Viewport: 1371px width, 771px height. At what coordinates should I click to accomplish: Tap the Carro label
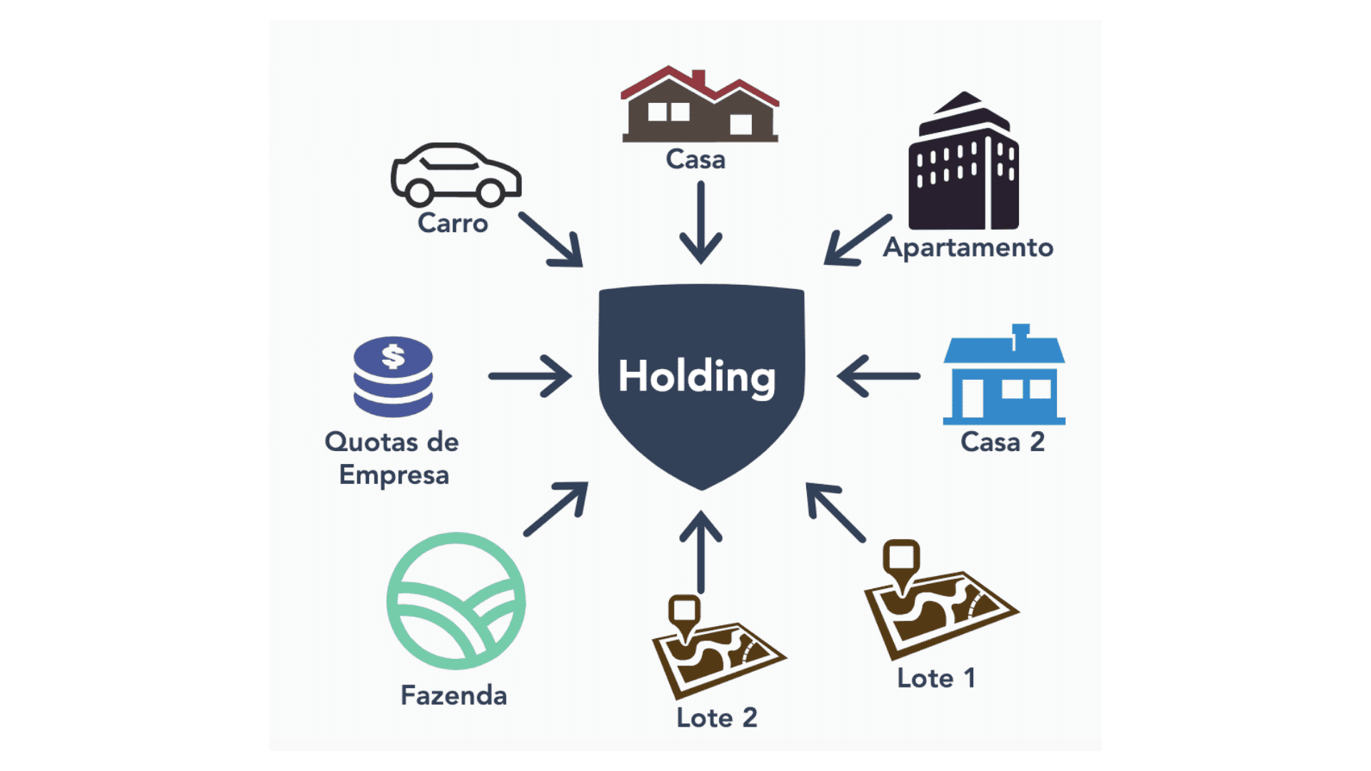point(453,223)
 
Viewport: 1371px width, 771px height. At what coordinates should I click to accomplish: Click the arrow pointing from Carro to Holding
point(551,240)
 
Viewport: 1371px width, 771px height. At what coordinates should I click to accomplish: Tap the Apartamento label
point(968,247)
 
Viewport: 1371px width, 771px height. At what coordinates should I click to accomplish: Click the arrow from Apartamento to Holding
point(856,241)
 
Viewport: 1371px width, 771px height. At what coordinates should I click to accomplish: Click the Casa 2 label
point(1002,442)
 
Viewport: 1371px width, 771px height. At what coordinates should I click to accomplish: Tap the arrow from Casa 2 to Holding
point(878,376)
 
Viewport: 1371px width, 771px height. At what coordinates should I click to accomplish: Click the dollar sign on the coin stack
point(393,356)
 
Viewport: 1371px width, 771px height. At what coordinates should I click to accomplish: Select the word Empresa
point(393,475)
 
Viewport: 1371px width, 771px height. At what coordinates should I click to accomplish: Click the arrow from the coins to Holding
point(531,376)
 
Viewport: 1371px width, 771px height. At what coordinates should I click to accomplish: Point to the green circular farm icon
point(456,600)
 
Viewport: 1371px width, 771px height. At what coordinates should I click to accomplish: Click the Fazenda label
point(453,695)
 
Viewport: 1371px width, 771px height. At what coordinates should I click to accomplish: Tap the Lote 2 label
point(716,717)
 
